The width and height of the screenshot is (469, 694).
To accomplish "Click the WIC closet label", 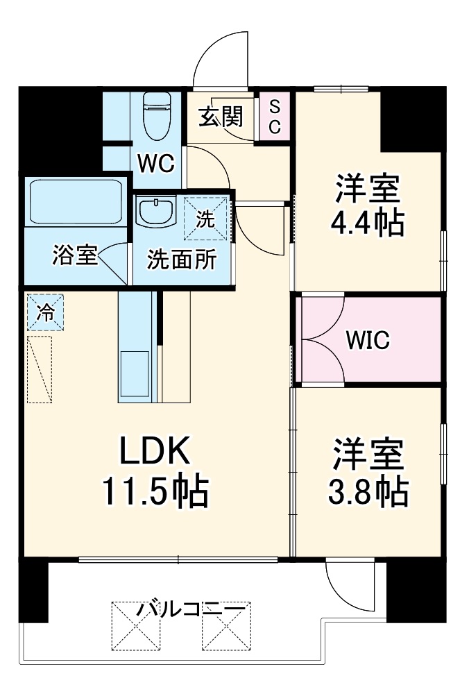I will point(368,340).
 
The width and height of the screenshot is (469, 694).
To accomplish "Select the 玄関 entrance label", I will point(221,117).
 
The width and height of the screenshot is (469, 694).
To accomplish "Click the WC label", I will point(155,164).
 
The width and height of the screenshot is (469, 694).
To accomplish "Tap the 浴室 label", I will point(74,255).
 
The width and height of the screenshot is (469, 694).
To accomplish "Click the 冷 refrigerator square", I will point(45,312).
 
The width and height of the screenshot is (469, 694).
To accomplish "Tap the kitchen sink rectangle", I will point(135,375).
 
